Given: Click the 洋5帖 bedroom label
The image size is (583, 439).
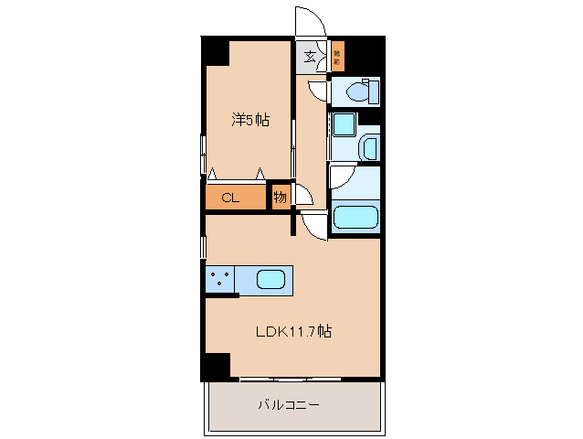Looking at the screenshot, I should point(249,120).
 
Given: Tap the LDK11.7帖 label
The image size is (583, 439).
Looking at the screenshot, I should point(292,331).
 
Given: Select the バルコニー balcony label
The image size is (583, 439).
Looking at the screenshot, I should point(288,403).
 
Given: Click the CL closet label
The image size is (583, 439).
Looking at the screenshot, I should point(229,197).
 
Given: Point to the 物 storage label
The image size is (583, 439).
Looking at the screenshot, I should point(280,197).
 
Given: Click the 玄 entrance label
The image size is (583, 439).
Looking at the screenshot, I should point(310,57).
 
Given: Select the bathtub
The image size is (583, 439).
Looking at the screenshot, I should point(355,218).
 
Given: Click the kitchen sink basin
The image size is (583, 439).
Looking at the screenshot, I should point(273,280).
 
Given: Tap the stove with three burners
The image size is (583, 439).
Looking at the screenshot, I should point(219,279).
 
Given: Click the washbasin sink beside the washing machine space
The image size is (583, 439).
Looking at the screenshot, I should point(369,146).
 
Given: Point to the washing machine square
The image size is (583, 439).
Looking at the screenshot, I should point(344,124).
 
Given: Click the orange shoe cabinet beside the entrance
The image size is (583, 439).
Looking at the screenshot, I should point(337,56).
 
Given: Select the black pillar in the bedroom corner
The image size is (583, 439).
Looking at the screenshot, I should point(216,51).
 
